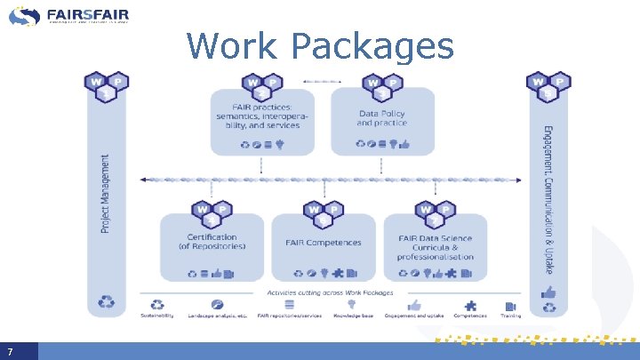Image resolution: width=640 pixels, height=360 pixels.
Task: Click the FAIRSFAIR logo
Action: (71, 15)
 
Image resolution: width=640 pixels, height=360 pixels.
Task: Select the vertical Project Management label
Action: (106, 194)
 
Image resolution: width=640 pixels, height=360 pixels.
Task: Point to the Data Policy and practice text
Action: (383, 117)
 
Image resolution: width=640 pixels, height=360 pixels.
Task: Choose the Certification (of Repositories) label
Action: (212, 242)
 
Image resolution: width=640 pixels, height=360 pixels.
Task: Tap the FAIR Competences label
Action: (323, 243)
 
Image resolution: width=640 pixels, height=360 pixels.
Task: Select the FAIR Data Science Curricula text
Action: (436, 247)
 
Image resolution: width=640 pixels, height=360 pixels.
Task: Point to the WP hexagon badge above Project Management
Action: (107, 86)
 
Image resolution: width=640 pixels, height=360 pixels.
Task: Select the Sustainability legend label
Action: (157, 316)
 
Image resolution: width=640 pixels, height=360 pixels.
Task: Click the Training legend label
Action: (510, 316)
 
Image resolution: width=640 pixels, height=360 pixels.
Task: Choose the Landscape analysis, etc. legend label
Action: (216, 316)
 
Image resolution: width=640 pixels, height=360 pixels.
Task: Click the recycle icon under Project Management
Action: (107, 303)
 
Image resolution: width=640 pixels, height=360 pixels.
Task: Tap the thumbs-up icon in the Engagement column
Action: (548, 292)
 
